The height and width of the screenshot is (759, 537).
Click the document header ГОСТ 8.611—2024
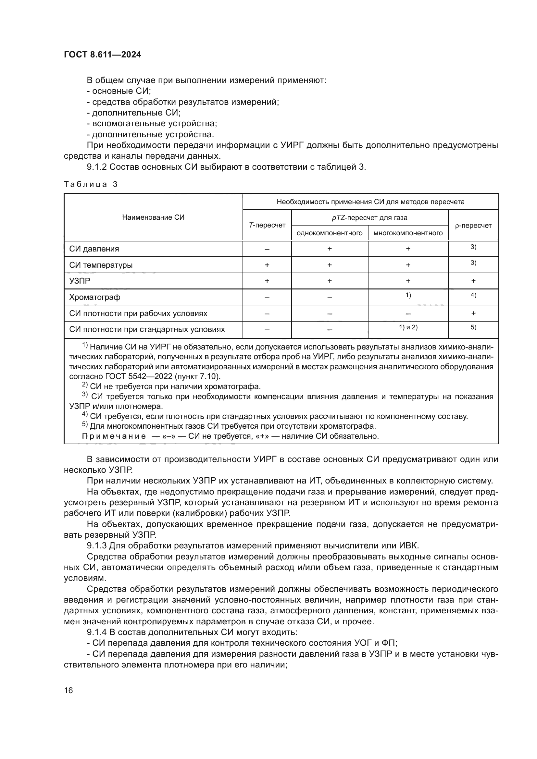[102, 55]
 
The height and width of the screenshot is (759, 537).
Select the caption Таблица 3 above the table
[91, 184]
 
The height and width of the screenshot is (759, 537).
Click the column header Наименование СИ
[153, 217]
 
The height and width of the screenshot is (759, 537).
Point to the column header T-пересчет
[267, 225]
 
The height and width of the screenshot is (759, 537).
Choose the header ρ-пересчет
[473, 226]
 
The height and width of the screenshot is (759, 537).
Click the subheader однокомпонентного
[329, 233]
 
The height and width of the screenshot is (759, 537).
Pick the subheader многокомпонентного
[408, 233]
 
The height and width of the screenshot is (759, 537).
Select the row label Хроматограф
[94, 297]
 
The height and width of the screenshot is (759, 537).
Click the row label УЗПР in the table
[80, 281]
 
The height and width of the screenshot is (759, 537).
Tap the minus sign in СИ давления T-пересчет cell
[267, 249]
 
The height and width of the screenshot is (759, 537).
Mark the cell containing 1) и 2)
[408, 327]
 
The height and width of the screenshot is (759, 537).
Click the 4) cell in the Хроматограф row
[473, 295]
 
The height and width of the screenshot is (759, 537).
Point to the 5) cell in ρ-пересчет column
[473, 327]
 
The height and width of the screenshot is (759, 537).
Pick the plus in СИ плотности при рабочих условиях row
[473, 313]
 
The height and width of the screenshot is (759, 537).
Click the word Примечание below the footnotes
[114, 436]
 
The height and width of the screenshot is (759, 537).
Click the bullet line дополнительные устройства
[150, 135]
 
